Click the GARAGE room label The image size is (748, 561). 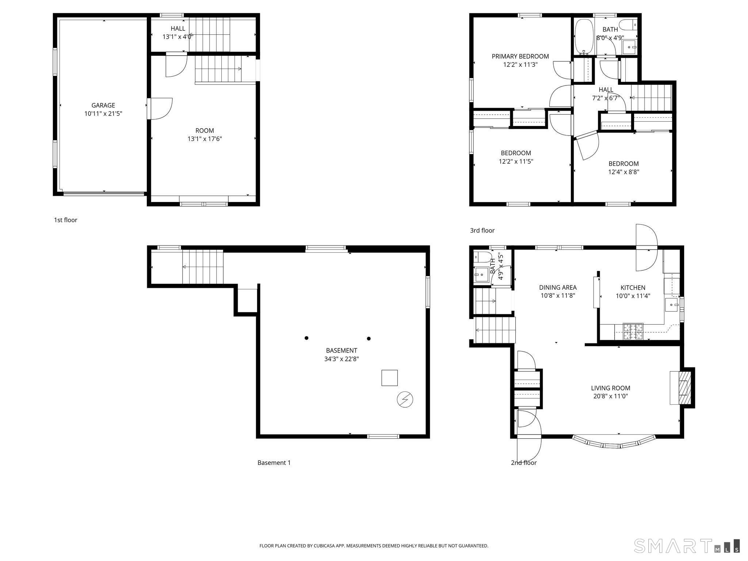103,105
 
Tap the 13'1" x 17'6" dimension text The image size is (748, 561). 205,139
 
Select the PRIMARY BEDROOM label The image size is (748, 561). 520,56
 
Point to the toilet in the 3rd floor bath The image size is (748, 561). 629,24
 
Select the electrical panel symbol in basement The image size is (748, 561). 405,400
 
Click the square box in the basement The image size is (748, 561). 389,378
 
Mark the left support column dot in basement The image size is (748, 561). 306,338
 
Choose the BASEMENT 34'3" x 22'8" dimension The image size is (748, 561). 341,359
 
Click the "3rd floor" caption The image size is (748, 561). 482,230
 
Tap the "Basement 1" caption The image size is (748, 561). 274,463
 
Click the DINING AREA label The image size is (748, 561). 558,287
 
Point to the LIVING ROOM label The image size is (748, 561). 610,388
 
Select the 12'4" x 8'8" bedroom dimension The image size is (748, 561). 623,172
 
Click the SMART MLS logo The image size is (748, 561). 687,546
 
